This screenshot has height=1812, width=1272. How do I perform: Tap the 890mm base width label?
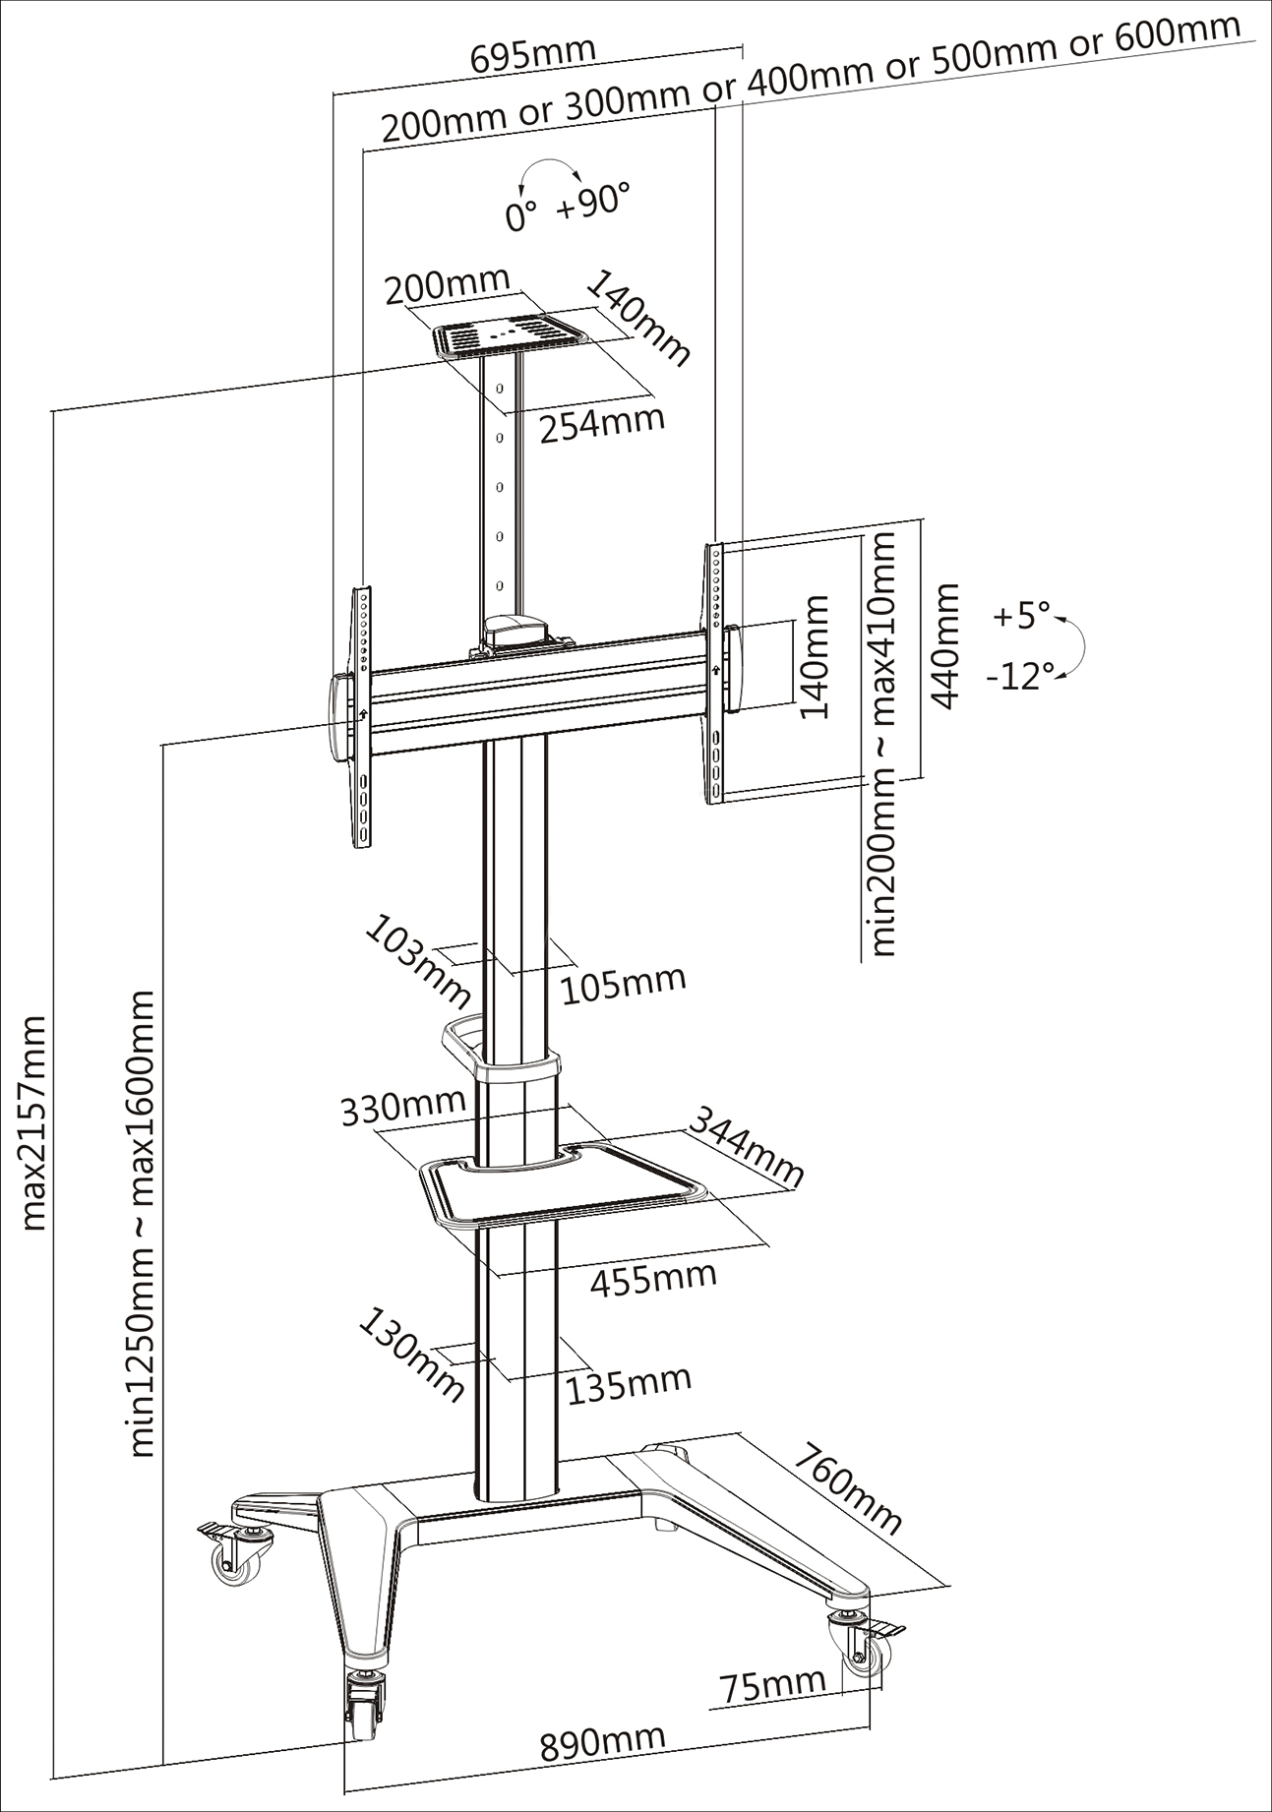(x=601, y=1741)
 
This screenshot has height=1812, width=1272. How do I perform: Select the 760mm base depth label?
(x=847, y=1487)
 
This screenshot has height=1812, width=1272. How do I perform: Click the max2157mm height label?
(x=33, y=1121)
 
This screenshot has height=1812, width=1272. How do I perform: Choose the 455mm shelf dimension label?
(x=653, y=1278)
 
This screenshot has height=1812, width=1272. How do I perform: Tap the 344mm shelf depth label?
(x=745, y=1146)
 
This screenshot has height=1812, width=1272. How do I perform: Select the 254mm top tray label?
(x=602, y=423)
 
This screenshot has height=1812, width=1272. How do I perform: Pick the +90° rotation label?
(x=592, y=202)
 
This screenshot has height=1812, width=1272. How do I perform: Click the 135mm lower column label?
(x=629, y=1383)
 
